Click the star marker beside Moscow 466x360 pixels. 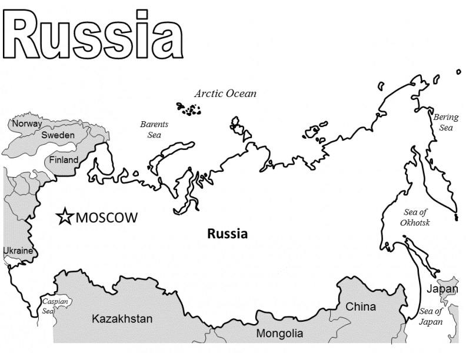[64, 217]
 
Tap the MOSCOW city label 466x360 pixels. [106, 218]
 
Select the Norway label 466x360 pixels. [27, 124]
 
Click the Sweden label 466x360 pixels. [58, 135]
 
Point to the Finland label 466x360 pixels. [64, 160]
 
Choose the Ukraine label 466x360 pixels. [18, 251]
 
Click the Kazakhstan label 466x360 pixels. [122, 319]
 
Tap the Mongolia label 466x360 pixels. [279, 334]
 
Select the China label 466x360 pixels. [361, 306]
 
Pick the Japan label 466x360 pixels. [441, 289]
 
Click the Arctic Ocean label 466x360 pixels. [225, 94]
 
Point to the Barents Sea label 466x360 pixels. [154, 129]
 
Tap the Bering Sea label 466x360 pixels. [445, 122]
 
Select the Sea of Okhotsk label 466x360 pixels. [415, 218]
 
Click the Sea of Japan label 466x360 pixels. [430, 316]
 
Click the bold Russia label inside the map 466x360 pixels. [228, 234]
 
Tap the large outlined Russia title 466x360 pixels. [92, 35]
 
